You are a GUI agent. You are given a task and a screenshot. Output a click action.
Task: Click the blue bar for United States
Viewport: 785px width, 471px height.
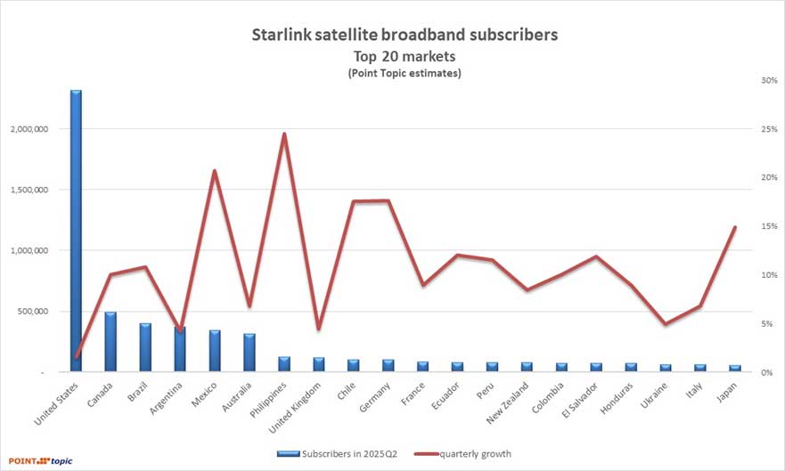pos(76,231)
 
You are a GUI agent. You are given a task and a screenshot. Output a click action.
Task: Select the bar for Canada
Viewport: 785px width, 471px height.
pos(110,342)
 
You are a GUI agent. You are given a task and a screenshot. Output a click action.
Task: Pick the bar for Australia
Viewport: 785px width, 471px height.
pos(249,353)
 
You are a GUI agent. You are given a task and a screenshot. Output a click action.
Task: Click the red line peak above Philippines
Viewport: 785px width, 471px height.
pos(284,134)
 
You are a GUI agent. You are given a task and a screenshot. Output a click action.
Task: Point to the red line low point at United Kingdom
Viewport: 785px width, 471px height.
pos(318,329)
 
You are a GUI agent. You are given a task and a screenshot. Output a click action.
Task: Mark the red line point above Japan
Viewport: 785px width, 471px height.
pos(735,227)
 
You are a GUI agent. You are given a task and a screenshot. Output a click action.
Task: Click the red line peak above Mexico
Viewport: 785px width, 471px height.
pos(215,170)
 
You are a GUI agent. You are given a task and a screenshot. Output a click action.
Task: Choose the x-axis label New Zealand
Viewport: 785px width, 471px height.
pos(511,402)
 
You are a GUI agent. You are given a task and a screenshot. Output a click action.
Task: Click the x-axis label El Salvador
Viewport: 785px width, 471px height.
pos(581,402)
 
